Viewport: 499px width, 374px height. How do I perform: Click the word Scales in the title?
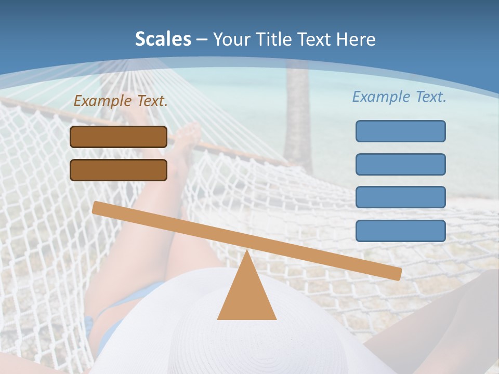163,39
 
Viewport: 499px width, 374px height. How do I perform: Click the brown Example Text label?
121,101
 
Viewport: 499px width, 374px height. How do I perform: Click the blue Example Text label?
399,97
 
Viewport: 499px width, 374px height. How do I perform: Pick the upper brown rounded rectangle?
119,137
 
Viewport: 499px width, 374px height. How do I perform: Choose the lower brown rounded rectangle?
119,170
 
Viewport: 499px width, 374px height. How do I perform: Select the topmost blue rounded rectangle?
400,131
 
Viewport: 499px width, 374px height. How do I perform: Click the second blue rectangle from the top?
400,164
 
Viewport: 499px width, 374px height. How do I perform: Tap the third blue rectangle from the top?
400,197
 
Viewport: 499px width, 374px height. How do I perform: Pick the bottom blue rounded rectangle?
400,231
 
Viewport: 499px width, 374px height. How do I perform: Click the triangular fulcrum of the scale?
246,293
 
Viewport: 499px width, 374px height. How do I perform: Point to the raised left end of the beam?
99,208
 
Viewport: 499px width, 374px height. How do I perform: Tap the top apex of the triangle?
246,252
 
